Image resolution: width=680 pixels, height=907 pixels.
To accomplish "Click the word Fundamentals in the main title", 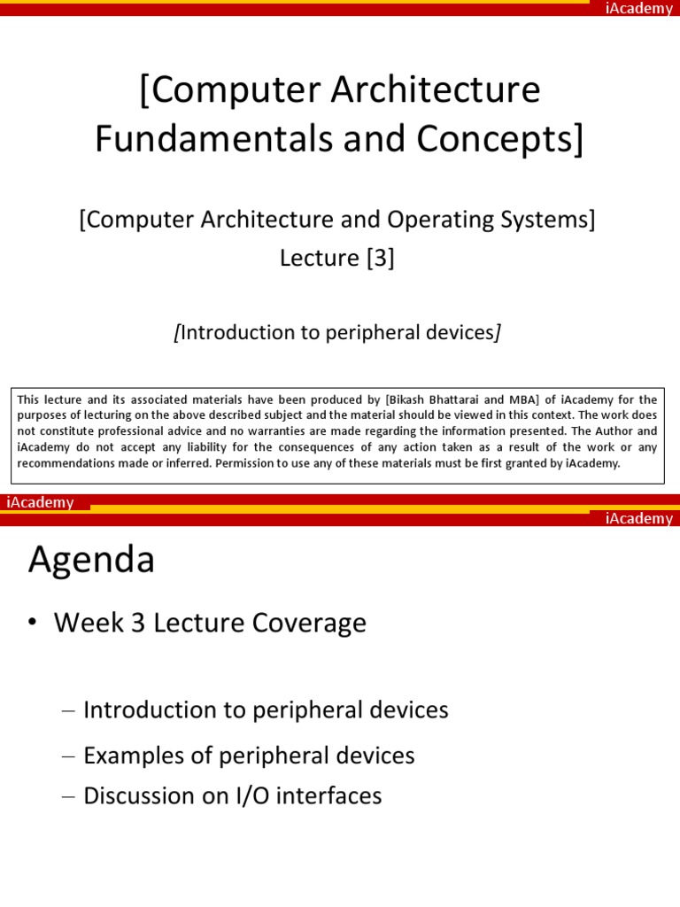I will [x=201, y=139].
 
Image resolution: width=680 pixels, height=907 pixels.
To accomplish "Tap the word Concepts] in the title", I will [x=505, y=139].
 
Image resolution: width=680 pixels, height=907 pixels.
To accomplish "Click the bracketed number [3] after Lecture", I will [x=376, y=258].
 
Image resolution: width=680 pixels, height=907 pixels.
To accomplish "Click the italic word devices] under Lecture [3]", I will [x=465, y=332].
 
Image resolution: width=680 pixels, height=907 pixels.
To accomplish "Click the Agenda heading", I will [x=91, y=560].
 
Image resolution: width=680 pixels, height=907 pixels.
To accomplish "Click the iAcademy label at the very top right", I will [x=638, y=9].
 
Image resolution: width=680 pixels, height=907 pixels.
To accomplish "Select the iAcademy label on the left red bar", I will [x=41, y=502].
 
